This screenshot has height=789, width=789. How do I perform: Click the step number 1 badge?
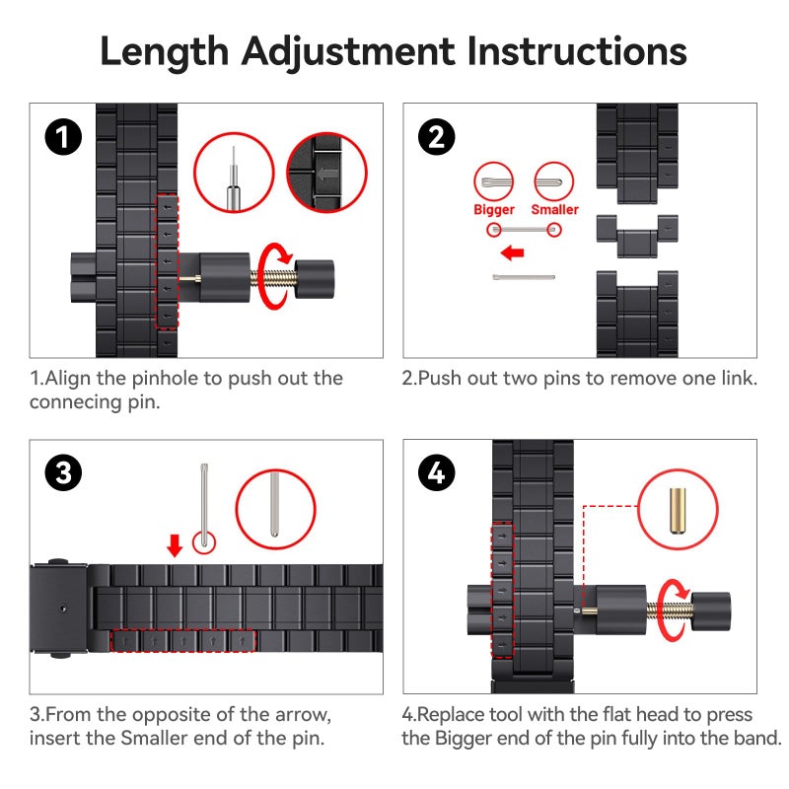(63, 137)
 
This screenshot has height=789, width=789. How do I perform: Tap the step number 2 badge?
(437, 137)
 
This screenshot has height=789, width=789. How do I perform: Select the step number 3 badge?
(63, 473)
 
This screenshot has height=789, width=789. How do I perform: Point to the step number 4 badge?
(437, 473)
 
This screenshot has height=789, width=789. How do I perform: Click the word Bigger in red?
(494, 210)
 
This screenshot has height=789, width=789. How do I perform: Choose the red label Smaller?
(554, 209)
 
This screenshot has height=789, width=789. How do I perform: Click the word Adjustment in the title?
(348, 52)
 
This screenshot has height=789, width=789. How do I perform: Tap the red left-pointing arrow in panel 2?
(512, 252)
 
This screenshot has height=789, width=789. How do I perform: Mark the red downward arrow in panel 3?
(175, 546)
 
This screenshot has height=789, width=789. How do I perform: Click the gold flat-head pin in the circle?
(678, 510)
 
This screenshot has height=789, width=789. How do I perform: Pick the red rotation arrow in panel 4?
(671, 610)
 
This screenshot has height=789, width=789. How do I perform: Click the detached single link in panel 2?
(637, 236)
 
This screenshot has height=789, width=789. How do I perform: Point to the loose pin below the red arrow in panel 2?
(524, 277)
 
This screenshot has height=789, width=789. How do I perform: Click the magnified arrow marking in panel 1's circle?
(327, 175)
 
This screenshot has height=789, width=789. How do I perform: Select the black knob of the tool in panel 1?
(314, 279)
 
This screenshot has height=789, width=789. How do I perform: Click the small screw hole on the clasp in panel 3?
(63, 609)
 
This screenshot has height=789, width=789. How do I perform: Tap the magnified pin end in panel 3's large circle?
(274, 505)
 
